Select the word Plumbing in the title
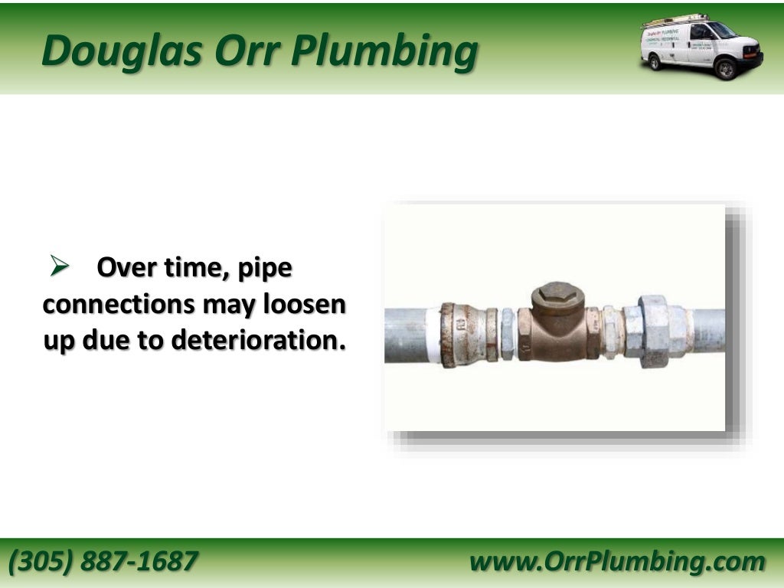tap(386, 52)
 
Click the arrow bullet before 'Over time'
tap(60, 267)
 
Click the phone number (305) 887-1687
tap(103, 561)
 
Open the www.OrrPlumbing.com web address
tap(617, 561)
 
